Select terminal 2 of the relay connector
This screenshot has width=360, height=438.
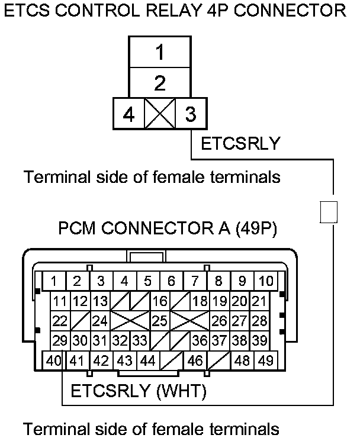(159, 83)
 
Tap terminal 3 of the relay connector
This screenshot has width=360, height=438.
(190, 114)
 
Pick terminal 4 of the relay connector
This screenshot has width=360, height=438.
(128, 114)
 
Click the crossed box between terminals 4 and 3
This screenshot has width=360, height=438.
(159, 114)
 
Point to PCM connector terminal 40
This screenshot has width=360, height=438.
(54, 359)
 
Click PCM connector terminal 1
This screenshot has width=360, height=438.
(54, 281)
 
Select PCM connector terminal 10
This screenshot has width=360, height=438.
(266, 281)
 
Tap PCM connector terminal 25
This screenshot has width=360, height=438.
(159, 321)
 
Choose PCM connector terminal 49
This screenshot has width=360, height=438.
(266, 359)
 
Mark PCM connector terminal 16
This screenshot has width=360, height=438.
(159, 301)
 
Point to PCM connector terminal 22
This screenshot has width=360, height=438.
(60, 321)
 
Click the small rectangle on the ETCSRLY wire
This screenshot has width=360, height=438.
(328, 212)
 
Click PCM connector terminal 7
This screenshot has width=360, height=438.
(194, 281)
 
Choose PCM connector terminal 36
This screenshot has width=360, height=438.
(200, 341)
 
